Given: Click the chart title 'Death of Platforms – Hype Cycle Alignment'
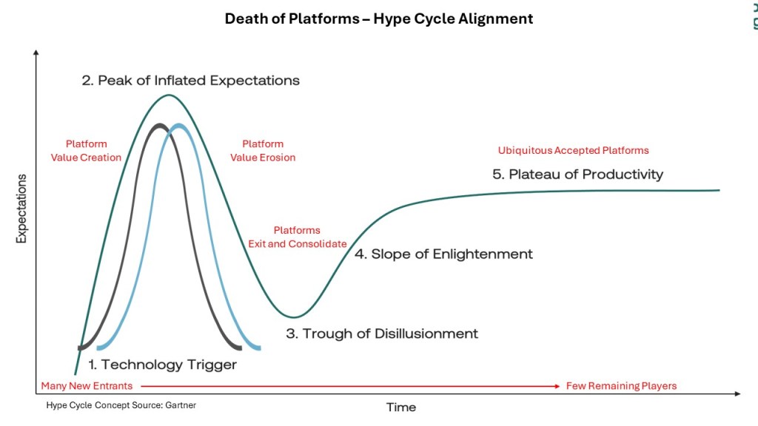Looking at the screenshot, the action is pyautogui.click(x=379, y=18).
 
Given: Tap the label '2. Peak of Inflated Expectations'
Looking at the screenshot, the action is pyautogui.click(x=190, y=80).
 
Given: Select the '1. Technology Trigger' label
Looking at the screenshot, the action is pyautogui.click(x=162, y=365).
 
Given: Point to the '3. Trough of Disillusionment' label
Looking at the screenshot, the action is pyautogui.click(x=382, y=334).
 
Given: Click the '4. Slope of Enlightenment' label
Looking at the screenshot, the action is pyautogui.click(x=444, y=254).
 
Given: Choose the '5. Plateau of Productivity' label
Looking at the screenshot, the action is pyautogui.click(x=577, y=175).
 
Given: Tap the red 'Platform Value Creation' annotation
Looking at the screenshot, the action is pyautogui.click(x=86, y=151).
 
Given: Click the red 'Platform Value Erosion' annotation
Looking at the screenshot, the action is pyautogui.click(x=263, y=151).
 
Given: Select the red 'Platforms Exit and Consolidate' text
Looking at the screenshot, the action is pyautogui.click(x=298, y=237).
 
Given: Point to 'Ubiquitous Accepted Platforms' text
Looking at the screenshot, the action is pyautogui.click(x=574, y=150).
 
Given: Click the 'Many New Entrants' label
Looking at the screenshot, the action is pyautogui.click(x=87, y=386).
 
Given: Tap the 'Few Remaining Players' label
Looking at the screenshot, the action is pyautogui.click(x=621, y=386).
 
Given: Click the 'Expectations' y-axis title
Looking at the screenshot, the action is pyautogui.click(x=21, y=209).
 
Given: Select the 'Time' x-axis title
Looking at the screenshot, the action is pyautogui.click(x=401, y=408).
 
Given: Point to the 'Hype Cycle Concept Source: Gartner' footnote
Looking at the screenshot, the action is pyautogui.click(x=121, y=405).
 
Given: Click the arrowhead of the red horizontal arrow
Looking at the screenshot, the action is pyautogui.click(x=557, y=386).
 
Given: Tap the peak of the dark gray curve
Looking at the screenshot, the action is pyautogui.click(x=159, y=126).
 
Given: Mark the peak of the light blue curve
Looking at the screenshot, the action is pyautogui.click(x=179, y=126).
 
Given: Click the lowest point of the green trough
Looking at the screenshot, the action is pyautogui.click(x=294, y=317).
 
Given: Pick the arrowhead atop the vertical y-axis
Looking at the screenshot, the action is pyautogui.click(x=36, y=53).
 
